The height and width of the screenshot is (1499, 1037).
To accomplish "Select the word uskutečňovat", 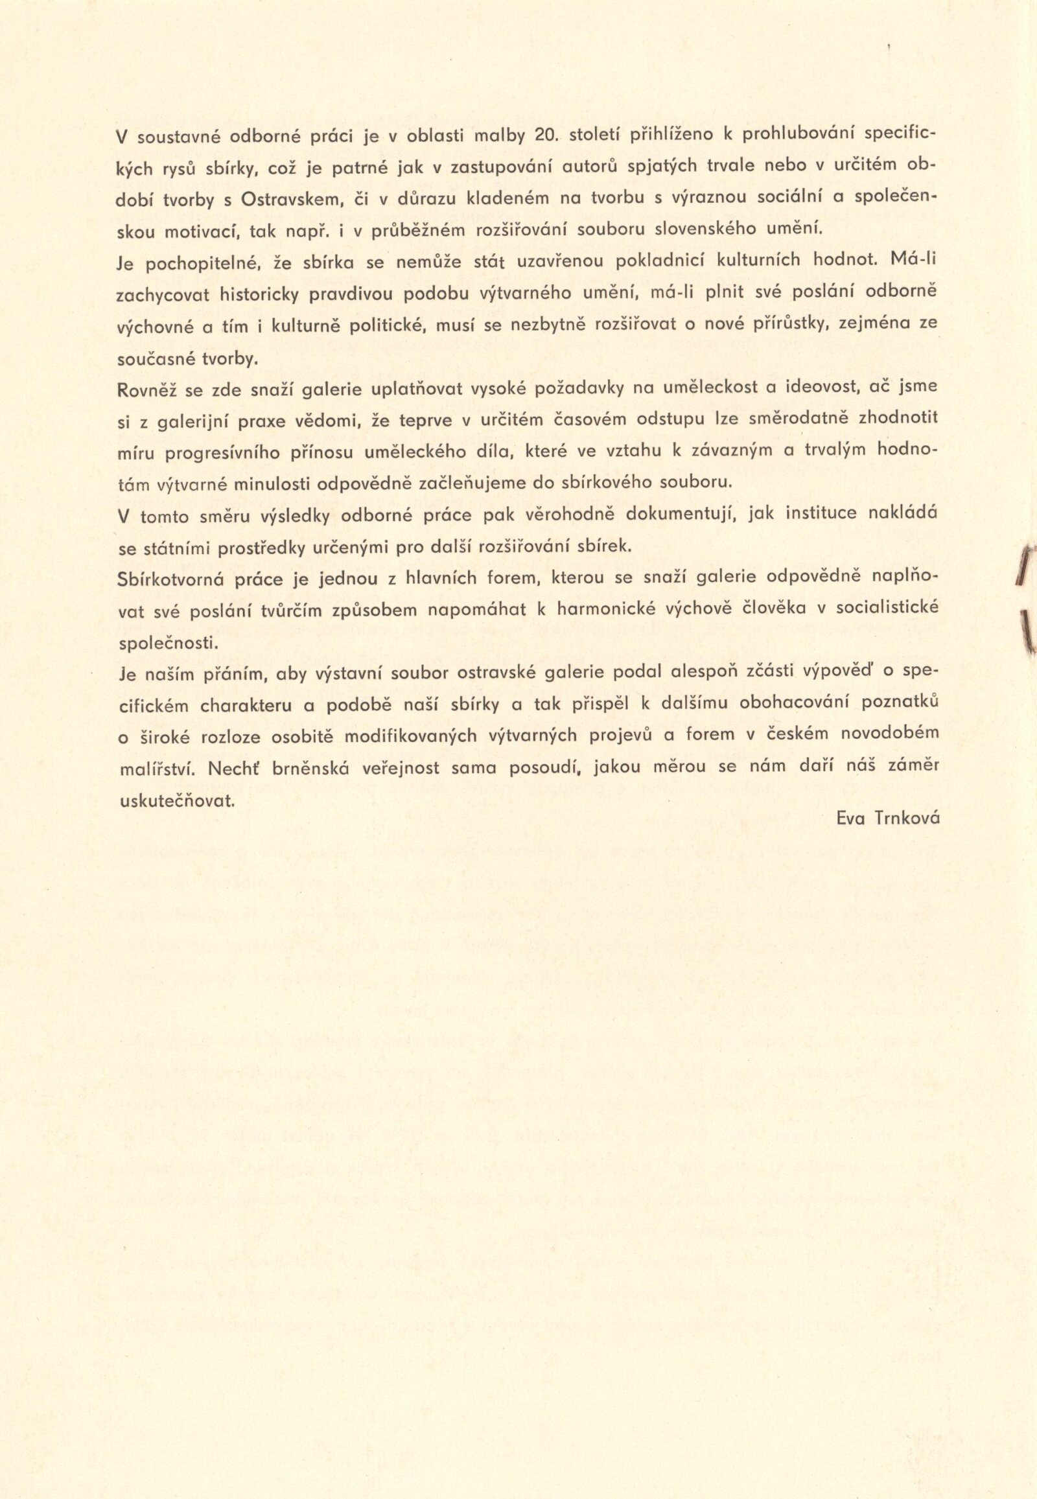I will [176, 800].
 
